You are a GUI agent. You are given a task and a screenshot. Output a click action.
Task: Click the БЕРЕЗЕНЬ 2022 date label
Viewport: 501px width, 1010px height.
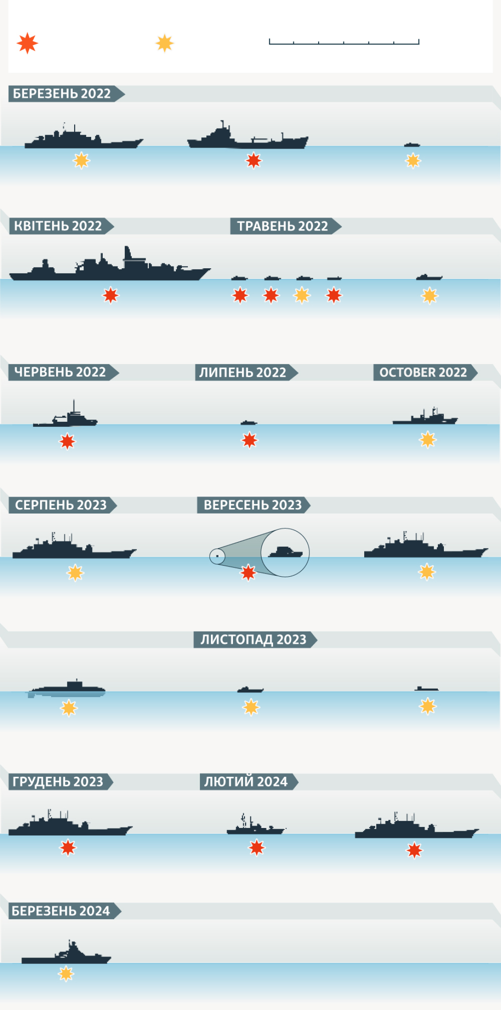(x=62, y=94)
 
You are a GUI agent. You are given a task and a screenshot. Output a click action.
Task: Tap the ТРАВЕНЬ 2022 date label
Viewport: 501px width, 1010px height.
(x=283, y=226)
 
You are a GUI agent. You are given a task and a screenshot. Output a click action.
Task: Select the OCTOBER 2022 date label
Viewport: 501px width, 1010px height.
(x=423, y=372)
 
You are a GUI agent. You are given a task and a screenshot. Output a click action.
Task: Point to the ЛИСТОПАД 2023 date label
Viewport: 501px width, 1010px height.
(x=253, y=639)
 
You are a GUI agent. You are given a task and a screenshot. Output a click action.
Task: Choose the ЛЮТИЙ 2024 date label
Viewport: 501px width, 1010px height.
(x=246, y=781)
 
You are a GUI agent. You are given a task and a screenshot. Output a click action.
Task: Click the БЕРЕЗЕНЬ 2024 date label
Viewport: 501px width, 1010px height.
(x=61, y=911)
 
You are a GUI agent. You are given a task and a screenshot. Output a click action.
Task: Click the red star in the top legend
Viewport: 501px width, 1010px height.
(x=27, y=43)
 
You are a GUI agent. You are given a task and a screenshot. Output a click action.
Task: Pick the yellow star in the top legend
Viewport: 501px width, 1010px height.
(x=164, y=43)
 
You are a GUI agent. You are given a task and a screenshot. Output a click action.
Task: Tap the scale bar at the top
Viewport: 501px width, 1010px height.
(x=344, y=42)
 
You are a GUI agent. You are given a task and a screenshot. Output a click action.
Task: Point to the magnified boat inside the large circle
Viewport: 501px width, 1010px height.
(x=285, y=552)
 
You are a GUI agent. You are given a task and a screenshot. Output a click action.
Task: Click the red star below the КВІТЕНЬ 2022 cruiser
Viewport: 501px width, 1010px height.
(x=111, y=295)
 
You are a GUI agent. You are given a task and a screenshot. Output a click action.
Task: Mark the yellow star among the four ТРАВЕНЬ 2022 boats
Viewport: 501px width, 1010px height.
(x=302, y=295)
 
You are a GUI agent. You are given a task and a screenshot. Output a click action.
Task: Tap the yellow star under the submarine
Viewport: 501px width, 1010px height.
(x=69, y=708)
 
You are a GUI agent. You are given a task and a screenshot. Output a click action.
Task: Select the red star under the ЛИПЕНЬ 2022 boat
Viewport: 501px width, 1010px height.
(x=250, y=440)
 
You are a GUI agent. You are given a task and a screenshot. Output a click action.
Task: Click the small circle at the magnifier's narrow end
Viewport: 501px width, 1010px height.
(x=217, y=556)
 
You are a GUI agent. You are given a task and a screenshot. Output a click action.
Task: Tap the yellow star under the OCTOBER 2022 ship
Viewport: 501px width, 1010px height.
(x=428, y=440)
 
